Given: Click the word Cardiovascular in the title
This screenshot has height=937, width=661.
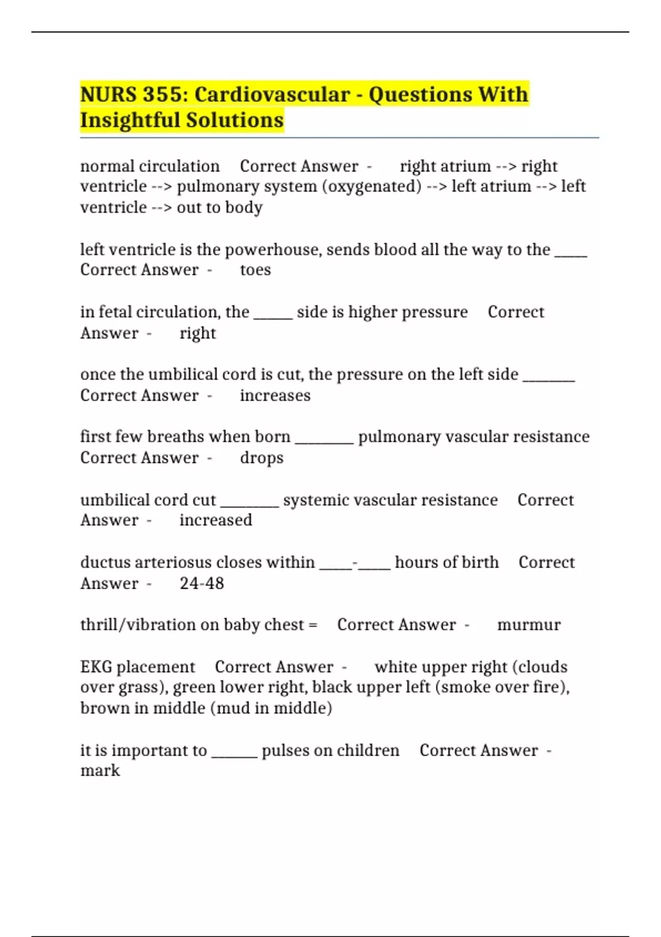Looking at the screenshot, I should click(x=272, y=94).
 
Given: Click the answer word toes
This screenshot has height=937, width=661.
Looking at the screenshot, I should click(x=256, y=270).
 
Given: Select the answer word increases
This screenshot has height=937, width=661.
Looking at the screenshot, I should click(x=275, y=396).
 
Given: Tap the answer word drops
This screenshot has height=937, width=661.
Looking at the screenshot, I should click(x=262, y=458).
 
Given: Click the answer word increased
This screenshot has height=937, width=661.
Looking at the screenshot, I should click(x=216, y=520).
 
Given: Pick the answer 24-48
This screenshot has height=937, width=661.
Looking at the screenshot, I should click(x=202, y=583).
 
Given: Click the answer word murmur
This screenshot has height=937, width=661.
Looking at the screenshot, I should click(x=529, y=625).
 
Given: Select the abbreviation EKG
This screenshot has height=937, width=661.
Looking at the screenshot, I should click(x=96, y=667).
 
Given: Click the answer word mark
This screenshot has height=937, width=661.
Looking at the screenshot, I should click(x=100, y=771).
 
